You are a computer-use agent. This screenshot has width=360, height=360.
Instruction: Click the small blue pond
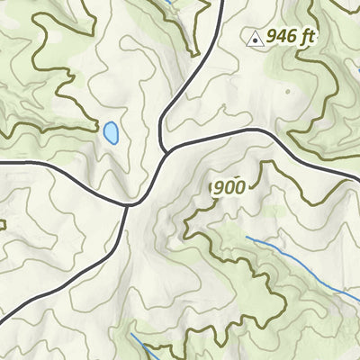111,133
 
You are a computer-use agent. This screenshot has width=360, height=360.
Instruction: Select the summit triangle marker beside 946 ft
255,39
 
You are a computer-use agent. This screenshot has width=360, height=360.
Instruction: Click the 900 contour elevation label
229,187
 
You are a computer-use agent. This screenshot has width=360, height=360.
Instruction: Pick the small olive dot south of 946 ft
287,91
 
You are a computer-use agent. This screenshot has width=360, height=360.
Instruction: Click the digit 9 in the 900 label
219,187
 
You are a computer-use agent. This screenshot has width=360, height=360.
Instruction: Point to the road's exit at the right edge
357,180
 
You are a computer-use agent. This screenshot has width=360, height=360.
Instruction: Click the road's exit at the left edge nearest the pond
2,162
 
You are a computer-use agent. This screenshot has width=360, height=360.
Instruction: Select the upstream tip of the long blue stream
246,237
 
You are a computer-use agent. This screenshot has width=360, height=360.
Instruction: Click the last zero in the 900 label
239,187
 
